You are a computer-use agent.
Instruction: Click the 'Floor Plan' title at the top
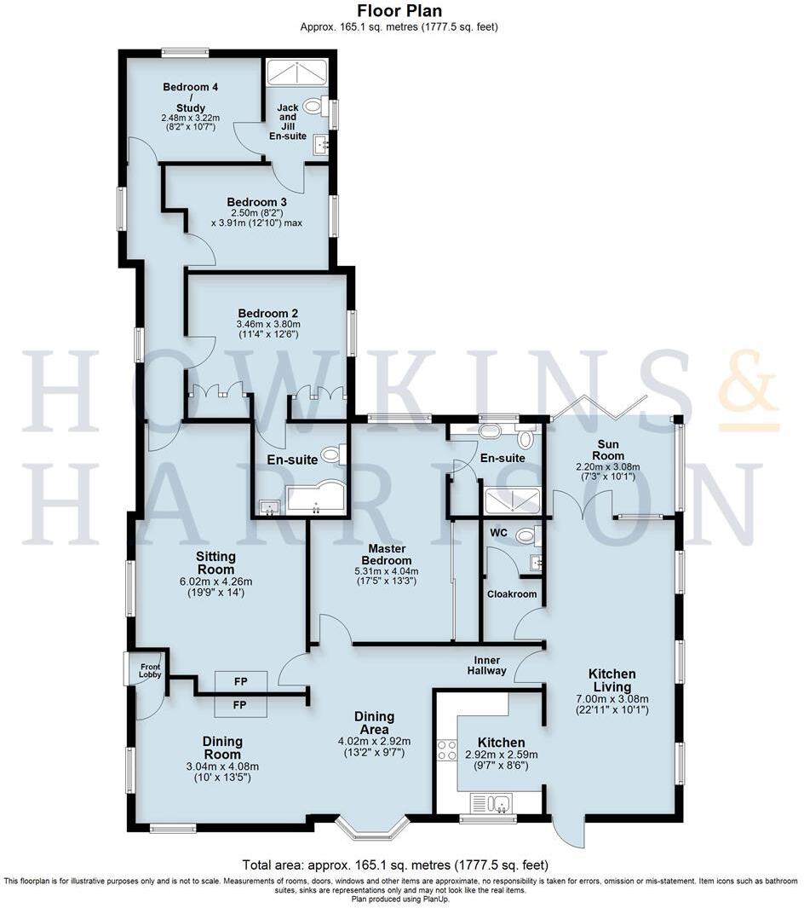tap(399, 11)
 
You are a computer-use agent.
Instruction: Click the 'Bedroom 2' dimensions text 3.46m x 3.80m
tap(268, 325)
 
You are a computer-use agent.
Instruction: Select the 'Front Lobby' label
tap(150, 670)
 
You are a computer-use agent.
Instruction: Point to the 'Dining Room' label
tap(222, 748)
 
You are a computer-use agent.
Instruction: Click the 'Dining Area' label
tap(375, 723)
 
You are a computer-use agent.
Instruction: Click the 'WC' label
tap(499, 534)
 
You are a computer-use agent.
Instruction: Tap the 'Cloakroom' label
tap(511, 593)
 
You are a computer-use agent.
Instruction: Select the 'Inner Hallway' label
tap(491, 665)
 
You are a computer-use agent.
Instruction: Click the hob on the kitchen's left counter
tap(446, 749)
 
